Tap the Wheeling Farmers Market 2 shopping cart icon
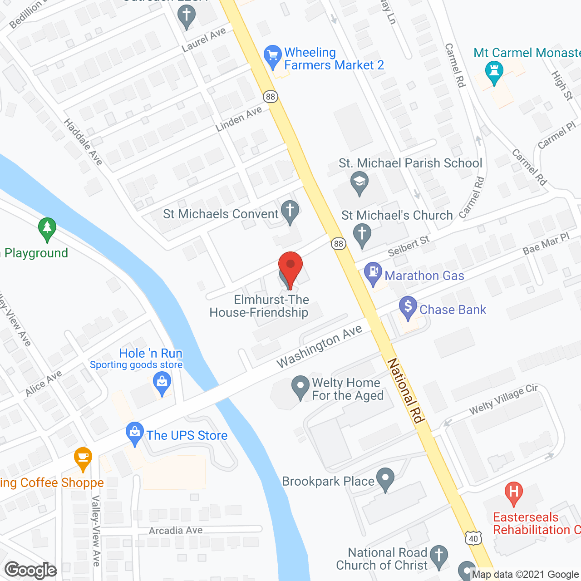[x=272, y=56]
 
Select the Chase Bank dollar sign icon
[x=408, y=307]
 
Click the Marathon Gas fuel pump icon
[x=373, y=273]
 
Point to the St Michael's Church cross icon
[x=362, y=235]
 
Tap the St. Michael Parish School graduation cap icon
[x=359, y=183]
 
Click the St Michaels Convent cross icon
[x=290, y=212]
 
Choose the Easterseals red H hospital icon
[x=514, y=493]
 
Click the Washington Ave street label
[x=319, y=346]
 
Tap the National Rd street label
[x=405, y=390]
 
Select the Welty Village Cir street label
[x=503, y=399]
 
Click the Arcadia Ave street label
[x=176, y=531]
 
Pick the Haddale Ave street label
[x=83, y=142]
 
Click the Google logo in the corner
[x=31, y=570]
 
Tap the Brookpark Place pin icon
[x=386, y=479]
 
